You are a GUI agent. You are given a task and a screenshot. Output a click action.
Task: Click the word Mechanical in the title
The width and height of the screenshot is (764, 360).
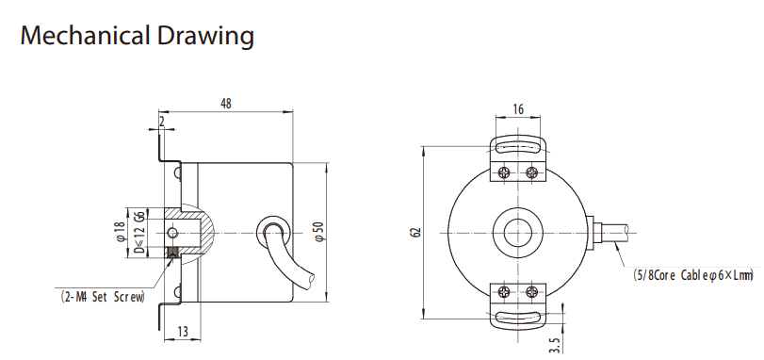coord(85,36)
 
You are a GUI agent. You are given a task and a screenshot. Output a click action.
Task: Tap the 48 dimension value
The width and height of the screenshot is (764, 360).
coord(226,104)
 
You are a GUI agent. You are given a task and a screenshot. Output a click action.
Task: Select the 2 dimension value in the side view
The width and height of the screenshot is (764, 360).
coord(162,121)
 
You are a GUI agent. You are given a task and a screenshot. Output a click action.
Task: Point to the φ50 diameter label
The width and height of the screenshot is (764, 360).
coord(317,232)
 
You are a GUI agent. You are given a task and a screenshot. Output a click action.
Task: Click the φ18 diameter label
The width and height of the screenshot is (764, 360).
coord(121,233)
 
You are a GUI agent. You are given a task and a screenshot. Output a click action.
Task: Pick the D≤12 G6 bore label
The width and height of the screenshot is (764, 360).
coord(138,233)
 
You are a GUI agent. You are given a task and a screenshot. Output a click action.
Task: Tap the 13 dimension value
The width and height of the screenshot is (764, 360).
coord(182,332)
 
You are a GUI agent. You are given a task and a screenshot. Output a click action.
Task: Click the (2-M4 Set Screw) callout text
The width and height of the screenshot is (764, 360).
coord(104,297)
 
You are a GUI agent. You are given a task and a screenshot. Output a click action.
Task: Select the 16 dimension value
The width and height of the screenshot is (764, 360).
coord(518,109)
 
